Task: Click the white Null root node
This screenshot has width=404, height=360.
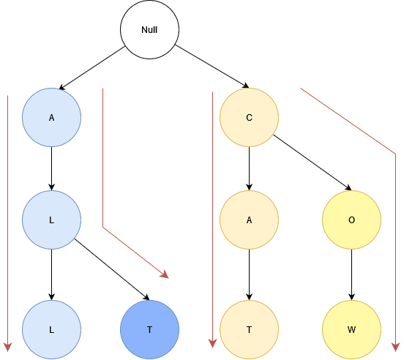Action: pos(150,29)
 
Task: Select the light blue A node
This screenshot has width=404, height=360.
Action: pos(51,117)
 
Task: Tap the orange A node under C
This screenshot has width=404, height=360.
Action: pos(249,220)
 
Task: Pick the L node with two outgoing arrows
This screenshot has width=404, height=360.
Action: pos(51,220)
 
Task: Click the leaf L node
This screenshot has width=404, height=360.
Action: pos(51,329)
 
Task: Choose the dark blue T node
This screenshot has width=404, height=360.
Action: pos(150,329)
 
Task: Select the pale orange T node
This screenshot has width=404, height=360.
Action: pos(249,329)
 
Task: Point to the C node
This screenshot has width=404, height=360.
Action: pos(249,117)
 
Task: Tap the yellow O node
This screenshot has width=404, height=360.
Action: pos(352,220)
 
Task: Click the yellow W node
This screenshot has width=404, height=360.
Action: pos(352,329)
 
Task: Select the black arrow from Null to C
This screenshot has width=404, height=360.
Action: pos(212,67)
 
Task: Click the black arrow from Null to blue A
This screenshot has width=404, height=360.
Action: pos(92,68)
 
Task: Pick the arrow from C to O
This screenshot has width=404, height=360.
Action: pos(313,162)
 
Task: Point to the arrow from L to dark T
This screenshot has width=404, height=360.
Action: pos(112,269)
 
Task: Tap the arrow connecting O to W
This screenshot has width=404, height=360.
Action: pos(352,275)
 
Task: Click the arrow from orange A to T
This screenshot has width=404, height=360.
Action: pos(249,275)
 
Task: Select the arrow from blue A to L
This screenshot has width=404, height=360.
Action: pos(51,169)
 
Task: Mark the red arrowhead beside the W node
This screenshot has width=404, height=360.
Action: pos(395,347)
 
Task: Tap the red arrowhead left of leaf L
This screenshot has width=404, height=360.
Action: pos(8,347)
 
